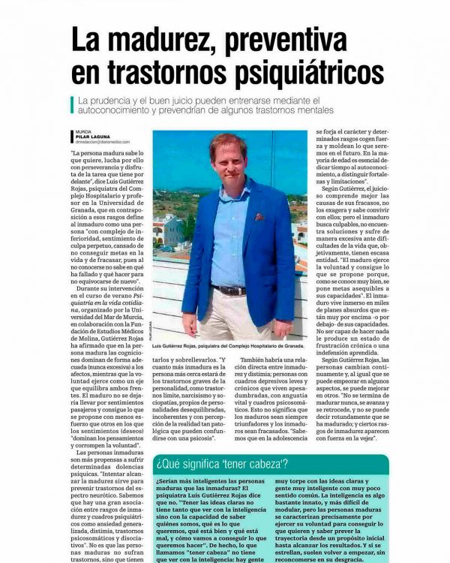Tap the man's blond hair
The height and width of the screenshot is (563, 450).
point(229,140)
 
